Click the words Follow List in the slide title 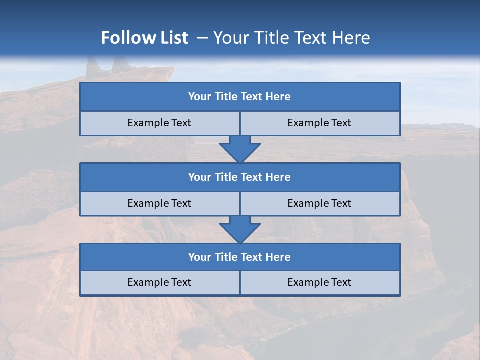coord(144,38)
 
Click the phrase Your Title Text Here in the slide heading coord(292,38)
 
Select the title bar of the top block coord(240,97)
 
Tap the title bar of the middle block coord(240,177)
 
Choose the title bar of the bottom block coord(240,257)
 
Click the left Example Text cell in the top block coord(159,123)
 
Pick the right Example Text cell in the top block coord(319,123)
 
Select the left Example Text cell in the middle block coord(159,203)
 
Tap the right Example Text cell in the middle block coord(319,203)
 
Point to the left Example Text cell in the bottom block coord(159,282)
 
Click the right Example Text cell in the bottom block coord(319,282)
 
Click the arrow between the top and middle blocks coord(240,149)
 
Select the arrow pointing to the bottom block coord(240,229)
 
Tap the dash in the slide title coord(202,38)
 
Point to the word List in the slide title coord(175,38)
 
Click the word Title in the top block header coord(226,97)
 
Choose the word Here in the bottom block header coord(278,257)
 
